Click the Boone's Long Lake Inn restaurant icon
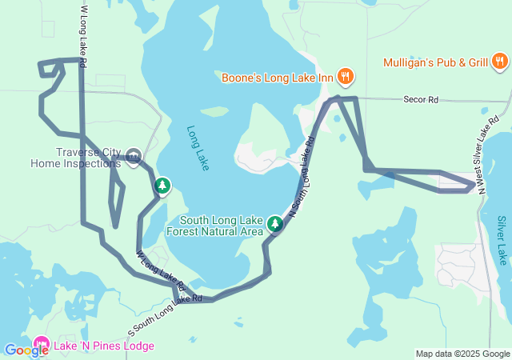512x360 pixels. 346,77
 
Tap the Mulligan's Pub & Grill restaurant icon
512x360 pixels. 500,62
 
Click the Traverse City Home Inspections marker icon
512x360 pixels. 134,154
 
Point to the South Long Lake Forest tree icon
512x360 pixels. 275,223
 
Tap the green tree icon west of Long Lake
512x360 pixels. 162,186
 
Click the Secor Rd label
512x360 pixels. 422,100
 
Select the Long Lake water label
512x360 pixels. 198,148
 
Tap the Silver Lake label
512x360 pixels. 502,240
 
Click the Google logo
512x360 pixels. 26,350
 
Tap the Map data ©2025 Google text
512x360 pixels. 462,354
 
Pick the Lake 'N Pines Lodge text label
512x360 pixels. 104,346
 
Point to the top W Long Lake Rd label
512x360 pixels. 84,33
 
